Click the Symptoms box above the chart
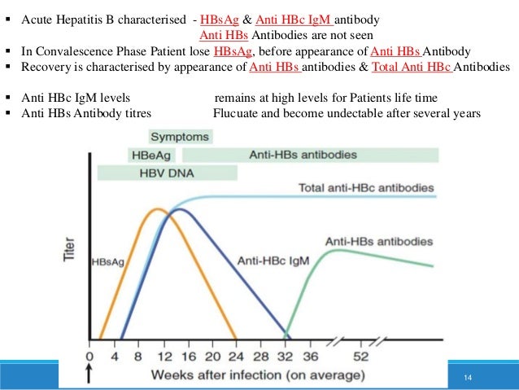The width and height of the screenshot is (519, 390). click(180, 138)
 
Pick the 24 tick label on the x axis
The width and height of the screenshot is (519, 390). click(236, 357)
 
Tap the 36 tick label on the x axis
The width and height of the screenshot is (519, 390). click(310, 357)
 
